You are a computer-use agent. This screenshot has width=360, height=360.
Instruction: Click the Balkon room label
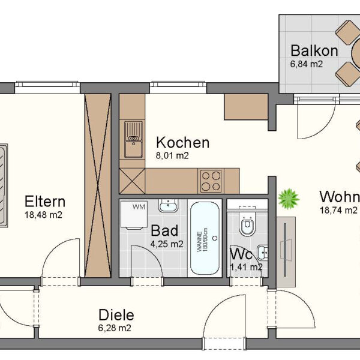(314, 50)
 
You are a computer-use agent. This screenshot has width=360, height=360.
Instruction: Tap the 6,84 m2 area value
(307, 64)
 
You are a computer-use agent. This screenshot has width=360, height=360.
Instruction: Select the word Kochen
(182, 143)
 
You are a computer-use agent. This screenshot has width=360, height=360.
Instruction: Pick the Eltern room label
(44, 201)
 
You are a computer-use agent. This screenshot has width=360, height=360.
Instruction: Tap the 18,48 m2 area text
(43, 215)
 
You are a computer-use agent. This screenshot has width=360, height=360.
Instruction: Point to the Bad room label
(163, 230)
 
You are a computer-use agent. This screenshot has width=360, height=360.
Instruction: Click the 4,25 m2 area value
(167, 244)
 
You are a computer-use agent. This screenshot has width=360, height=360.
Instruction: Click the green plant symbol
(289, 198)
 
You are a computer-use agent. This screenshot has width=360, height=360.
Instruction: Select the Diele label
(116, 315)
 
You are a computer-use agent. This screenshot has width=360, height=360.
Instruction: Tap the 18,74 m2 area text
(339, 210)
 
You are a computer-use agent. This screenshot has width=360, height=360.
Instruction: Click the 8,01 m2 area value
(173, 156)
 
